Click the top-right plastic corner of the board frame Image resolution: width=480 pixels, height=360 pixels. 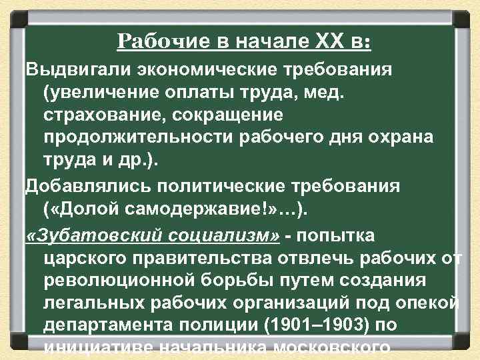point(464,15)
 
